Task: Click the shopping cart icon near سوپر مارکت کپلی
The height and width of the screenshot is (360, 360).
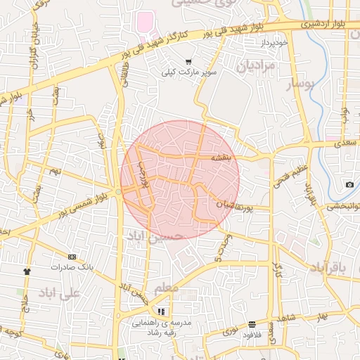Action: (x=188, y=62)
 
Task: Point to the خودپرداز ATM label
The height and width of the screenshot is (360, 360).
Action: (x=274, y=43)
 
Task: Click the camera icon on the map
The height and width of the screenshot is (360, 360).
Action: (x=349, y=185)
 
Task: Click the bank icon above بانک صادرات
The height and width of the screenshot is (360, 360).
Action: (x=72, y=257)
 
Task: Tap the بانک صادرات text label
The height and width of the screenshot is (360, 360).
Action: (x=73, y=268)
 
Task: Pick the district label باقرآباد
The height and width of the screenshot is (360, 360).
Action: (x=328, y=268)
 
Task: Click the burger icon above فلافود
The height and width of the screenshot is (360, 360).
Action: (x=252, y=324)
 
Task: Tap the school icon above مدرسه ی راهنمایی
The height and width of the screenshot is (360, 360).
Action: (x=162, y=311)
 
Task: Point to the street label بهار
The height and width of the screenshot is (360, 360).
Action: (x=321, y=316)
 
